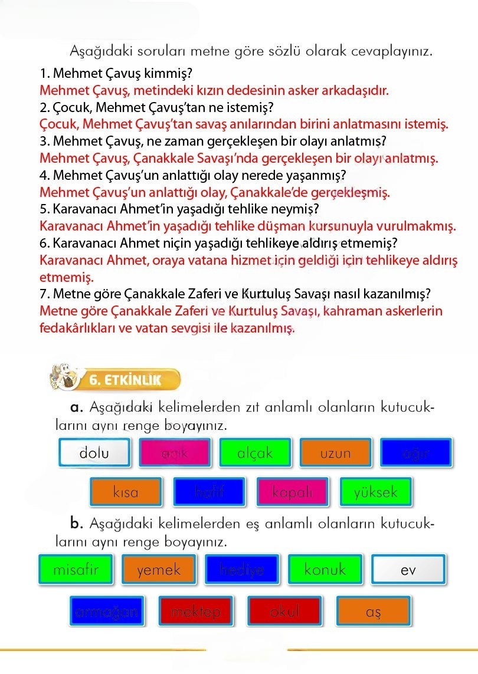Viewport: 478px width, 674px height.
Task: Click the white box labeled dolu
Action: coord(94,453)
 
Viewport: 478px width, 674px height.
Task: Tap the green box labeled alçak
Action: coord(255,453)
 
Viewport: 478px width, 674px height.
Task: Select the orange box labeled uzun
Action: coord(335,453)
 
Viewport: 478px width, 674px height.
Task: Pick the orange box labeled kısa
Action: coord(126,492)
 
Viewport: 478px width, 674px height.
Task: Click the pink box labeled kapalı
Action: coord(293,492)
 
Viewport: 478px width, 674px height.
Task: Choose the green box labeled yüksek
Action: coord(376,492)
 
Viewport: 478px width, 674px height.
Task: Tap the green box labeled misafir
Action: coord(76,570)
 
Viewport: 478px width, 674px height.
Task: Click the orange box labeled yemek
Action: coord(159,570)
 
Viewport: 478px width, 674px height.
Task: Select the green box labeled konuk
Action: coord(325,570)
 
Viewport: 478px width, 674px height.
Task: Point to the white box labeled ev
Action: coord(408,570)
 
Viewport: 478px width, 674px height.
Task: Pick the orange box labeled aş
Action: coord(373,611)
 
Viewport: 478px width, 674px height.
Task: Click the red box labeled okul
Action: coord(284,611)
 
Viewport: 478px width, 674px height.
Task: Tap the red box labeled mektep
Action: coord(196,611)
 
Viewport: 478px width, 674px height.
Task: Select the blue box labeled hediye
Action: coord(242,570)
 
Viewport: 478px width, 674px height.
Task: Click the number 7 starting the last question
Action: coord(43,294)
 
